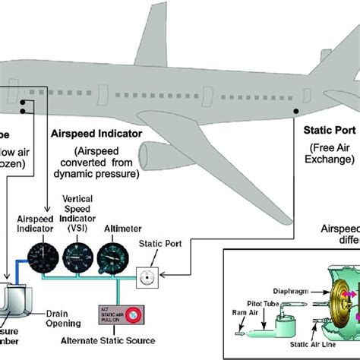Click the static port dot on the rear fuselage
pyautogui.click(x=297, y=112)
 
